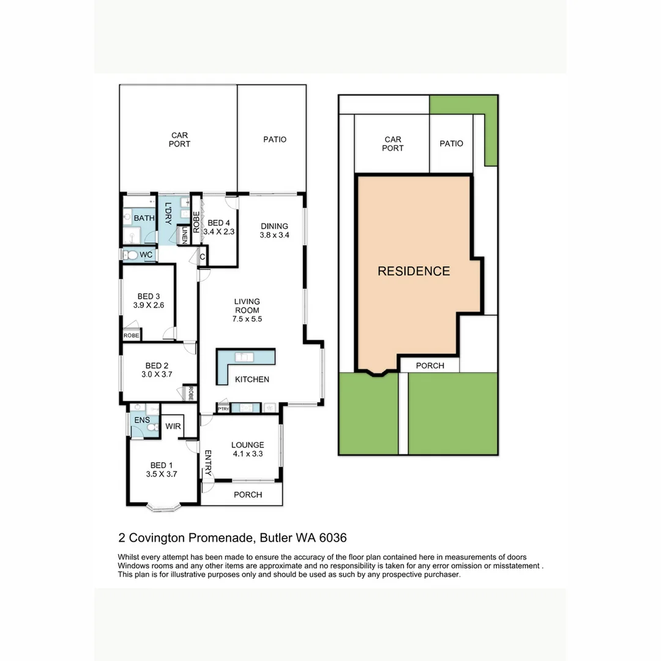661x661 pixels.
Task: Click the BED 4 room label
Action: pyautogui.click(x=218, y=223)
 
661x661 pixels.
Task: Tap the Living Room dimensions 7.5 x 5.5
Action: pyautogui.click(x=247, y=319)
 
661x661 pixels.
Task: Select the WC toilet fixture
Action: pyautogui.click(x=131, y=255)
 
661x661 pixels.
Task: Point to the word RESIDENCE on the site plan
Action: pyautogui.click(x=414, y=271)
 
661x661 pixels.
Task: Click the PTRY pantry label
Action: pyautogui.click(x=223, y=409)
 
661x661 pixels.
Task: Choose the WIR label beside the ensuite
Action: pyautogui.click(x=173, y=426)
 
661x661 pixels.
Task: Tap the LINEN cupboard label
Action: pyautogui.click(x=184, y=235)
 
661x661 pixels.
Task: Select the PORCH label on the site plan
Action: pyautogui.click(x=430, y=365)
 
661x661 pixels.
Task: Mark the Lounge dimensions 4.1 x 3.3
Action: pyautogui.click(x=248, y=454)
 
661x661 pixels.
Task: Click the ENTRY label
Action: pyautogui.click(x=208, y=463)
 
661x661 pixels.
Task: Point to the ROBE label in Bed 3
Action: pyautogui.click(x=131, y=335)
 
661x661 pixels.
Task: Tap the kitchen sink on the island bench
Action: pyautogui.click(x=244, y=357)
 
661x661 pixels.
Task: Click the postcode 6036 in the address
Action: pyautogui.click(x=333, y=538)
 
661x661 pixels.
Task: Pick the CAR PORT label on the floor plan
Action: pyautogui.click(x=179, y=140)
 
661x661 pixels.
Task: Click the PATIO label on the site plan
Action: pyautogui.click(x=451, y=144)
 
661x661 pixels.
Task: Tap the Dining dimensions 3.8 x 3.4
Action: pyautogui.click(x=274, y=235)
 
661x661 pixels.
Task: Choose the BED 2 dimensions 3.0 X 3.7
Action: pyautogui.click(x=157, y=374)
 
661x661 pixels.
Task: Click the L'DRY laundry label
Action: pyautogui.click(x=168, y=214)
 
